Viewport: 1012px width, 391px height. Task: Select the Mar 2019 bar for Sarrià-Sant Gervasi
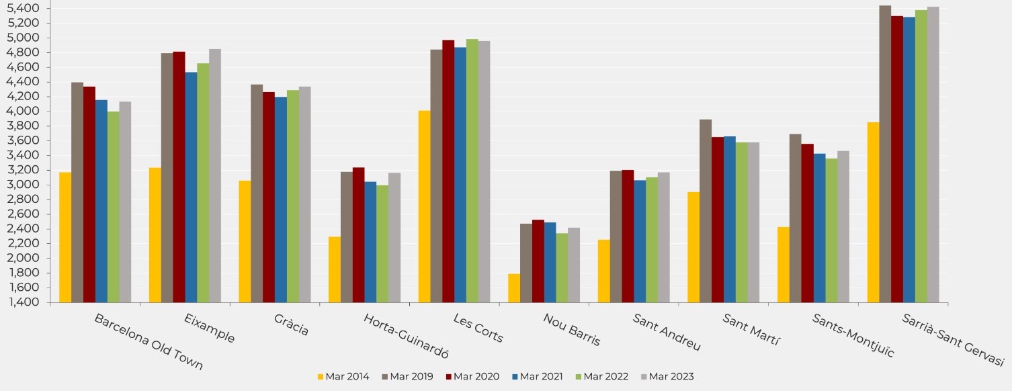coord(885,154)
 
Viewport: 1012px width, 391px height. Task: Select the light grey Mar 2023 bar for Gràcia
coord(304,194)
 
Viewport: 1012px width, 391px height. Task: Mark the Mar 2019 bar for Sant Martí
coord(706,211)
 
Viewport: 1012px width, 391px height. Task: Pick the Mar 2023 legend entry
coord(666,377)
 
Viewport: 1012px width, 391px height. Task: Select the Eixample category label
coord(210,329)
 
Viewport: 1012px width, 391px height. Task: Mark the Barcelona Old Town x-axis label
coord(149,342)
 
